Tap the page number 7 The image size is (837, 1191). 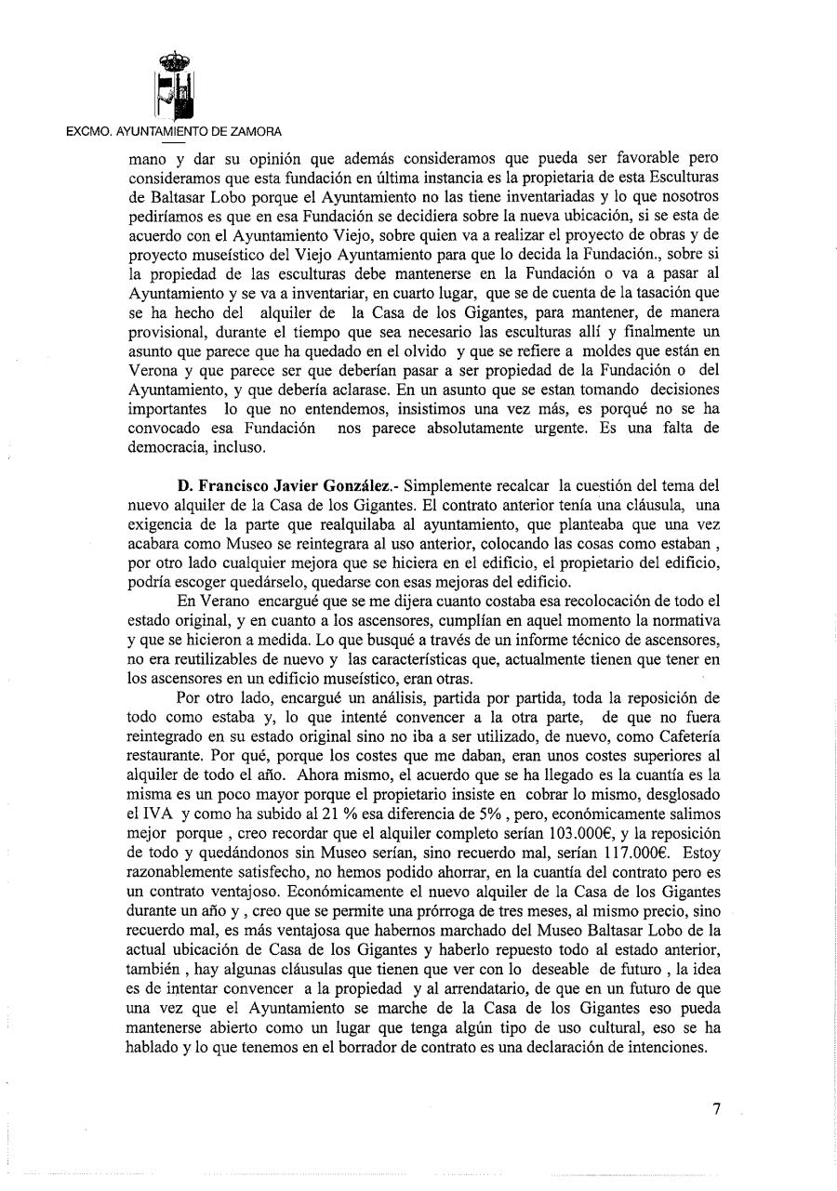coord(717,1109)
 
